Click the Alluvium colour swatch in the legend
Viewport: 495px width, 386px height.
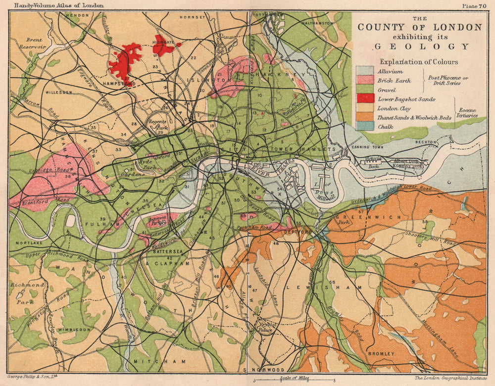coord(365,71)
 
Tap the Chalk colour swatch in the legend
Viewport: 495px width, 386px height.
coord(365,127)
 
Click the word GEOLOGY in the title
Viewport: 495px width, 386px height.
coord(421,47)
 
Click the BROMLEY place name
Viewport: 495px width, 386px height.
coord(381,354)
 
